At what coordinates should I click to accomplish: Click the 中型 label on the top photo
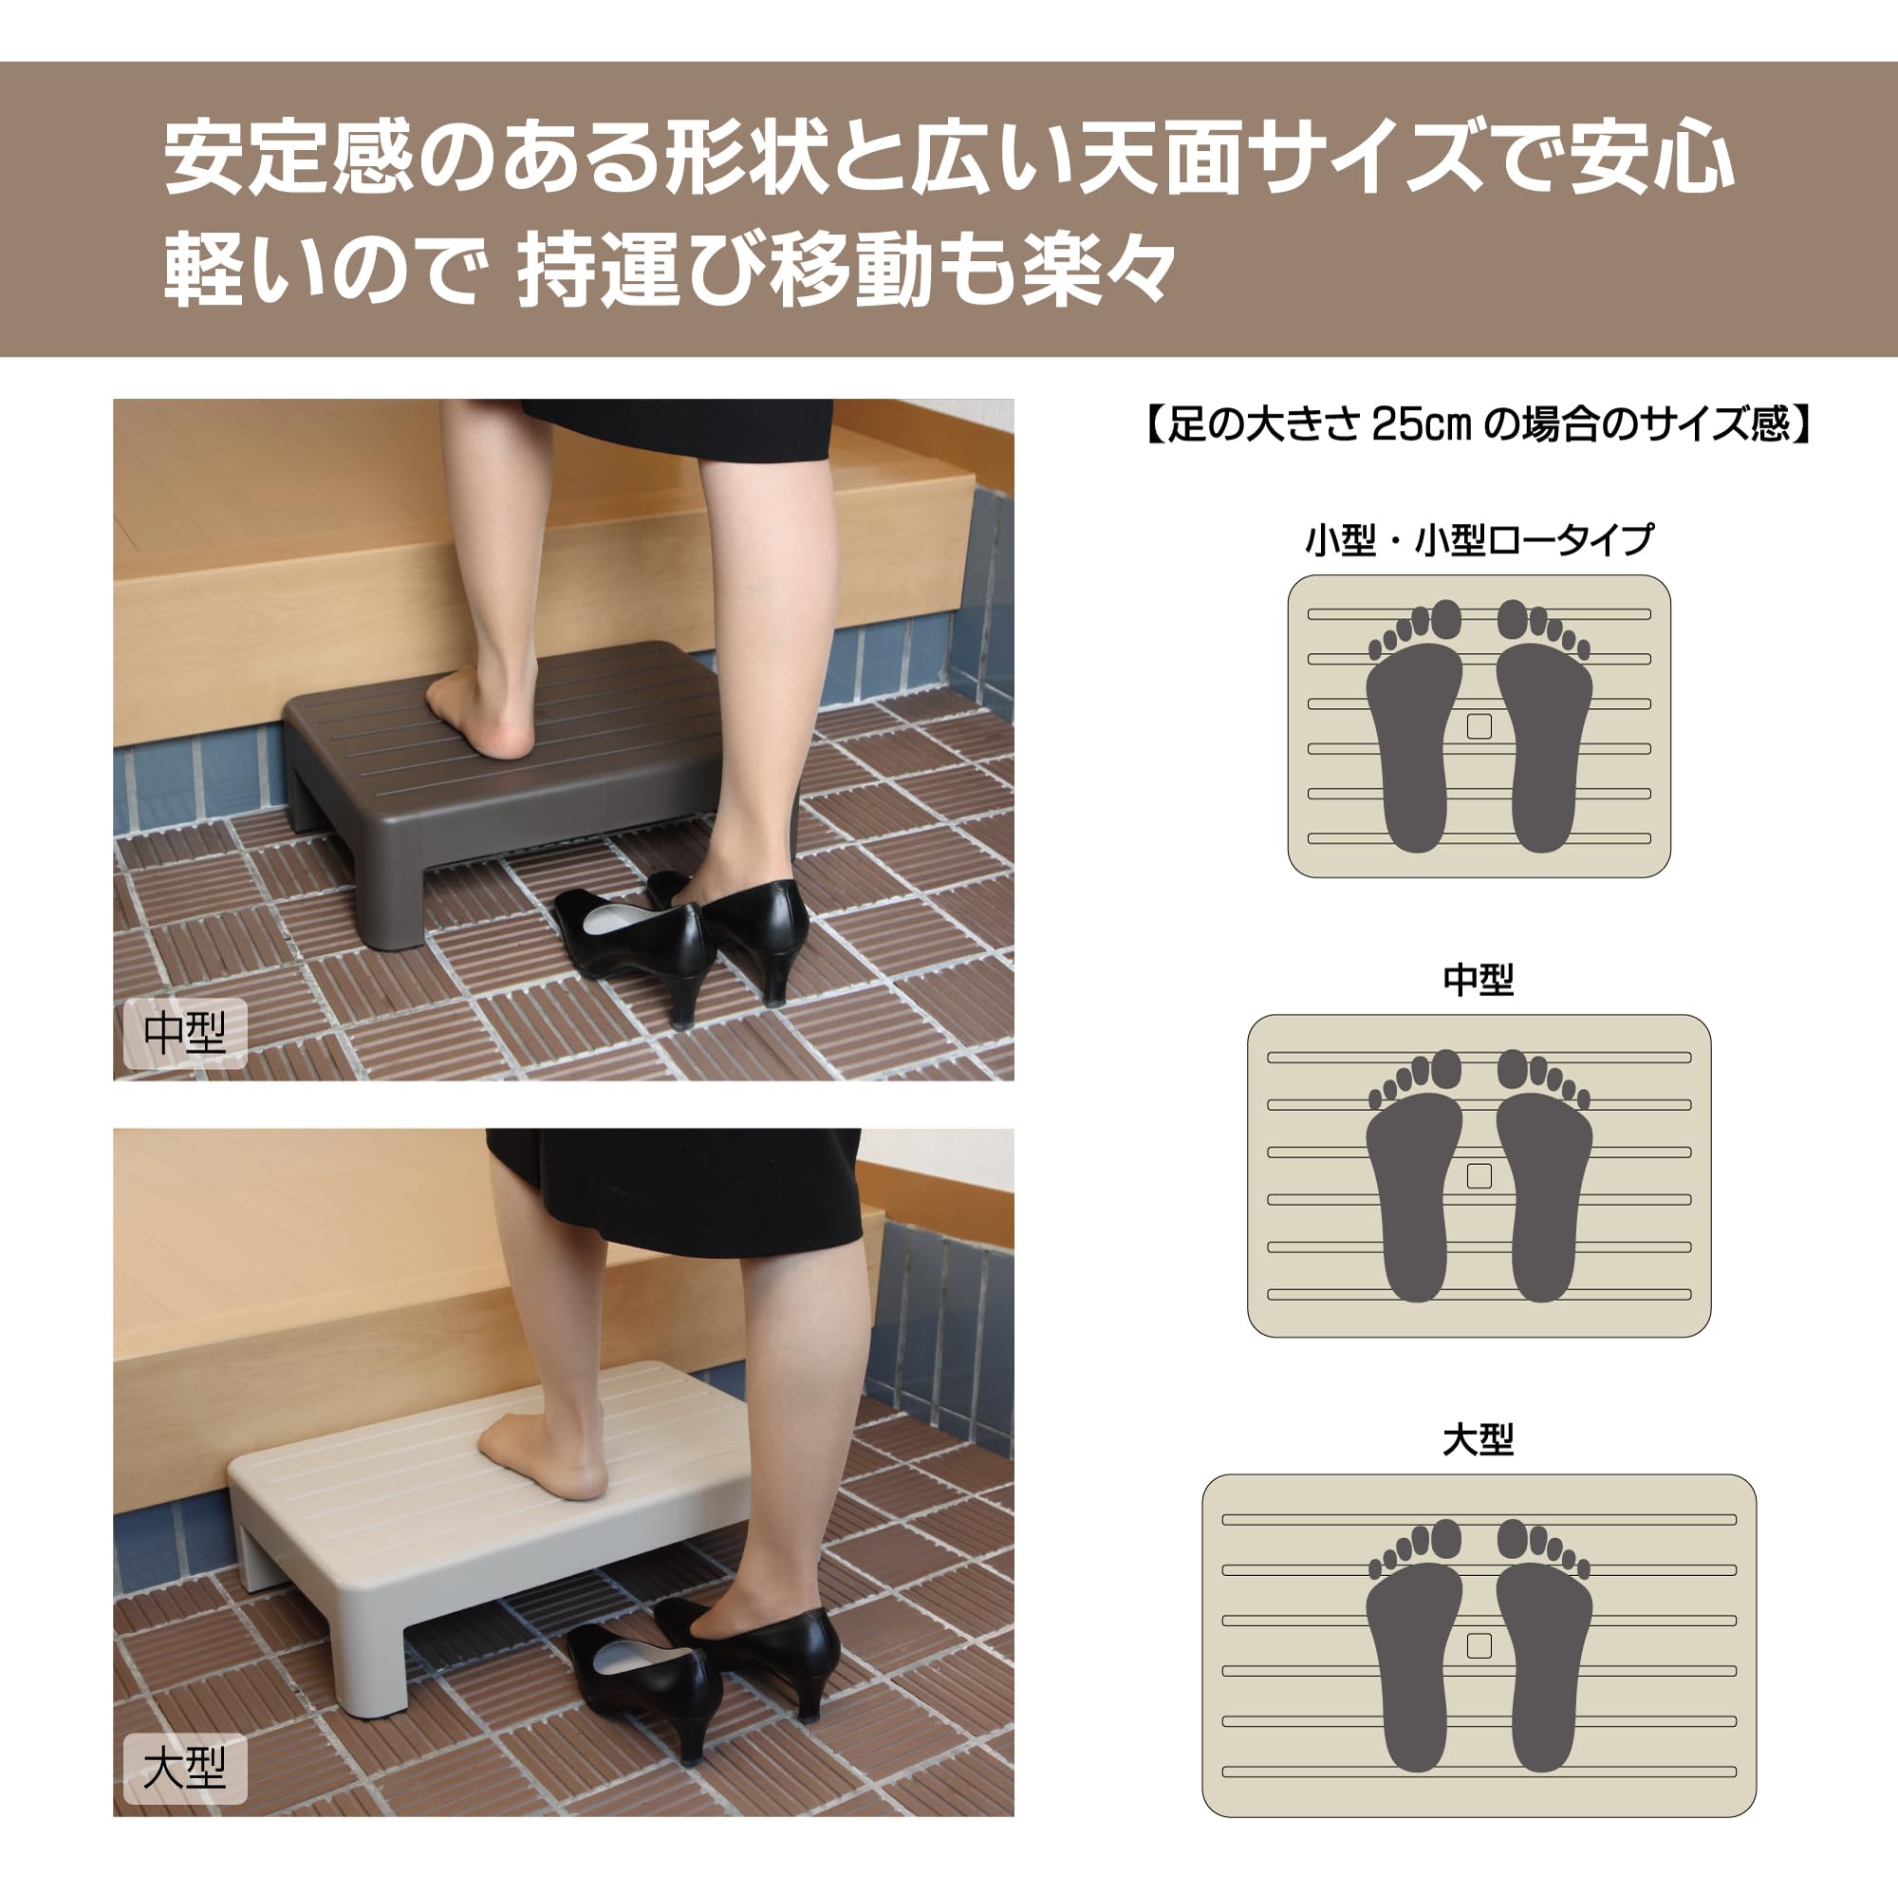(184, 1033)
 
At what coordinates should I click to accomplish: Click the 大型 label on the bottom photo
(184, 1768)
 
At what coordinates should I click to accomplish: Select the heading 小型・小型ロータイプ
(1479, 539)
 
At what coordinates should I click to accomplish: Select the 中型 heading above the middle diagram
(1479, 979)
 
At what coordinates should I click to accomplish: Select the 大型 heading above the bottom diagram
(1479, 1440)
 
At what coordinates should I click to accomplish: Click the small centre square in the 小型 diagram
(1479, 726)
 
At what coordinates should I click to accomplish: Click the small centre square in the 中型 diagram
(1479, 1175)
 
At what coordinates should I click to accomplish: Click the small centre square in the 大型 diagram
(1479, 1645)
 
